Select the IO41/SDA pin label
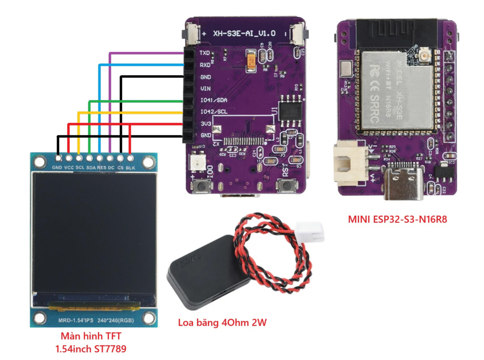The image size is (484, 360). [213, 100]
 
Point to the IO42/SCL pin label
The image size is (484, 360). [213, 112]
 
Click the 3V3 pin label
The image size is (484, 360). [205, 123]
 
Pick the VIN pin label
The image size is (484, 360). [205, 88]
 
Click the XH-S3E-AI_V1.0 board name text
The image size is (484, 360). [244, 34]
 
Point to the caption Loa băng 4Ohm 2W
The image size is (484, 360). [222, 323]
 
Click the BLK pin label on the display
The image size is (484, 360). [130, 167]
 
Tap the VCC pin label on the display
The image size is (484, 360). [69, 167]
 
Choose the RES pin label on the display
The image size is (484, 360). [100, 167]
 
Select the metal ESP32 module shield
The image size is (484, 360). [397, 90]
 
